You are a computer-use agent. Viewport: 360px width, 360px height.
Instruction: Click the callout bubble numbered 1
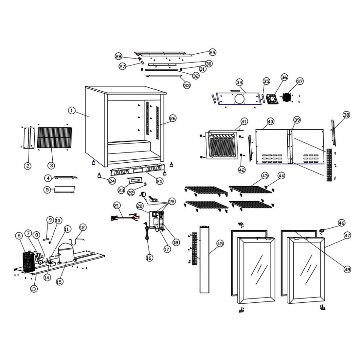71,111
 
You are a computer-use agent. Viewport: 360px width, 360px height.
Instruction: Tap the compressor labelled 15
65,254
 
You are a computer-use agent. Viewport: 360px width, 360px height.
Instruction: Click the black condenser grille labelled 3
54,138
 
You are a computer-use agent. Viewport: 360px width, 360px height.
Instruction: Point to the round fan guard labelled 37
287,98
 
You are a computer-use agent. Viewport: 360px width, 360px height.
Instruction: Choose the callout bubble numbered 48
347,270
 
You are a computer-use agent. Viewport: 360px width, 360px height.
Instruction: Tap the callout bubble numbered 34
240,82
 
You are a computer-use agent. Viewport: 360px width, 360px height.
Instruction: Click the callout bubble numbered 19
171,201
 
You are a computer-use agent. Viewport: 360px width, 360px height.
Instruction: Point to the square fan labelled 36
272,99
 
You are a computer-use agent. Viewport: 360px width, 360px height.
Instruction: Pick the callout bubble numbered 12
82,227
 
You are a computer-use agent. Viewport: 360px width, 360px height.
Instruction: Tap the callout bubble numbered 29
213,52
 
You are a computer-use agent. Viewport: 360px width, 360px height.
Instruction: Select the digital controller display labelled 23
135,180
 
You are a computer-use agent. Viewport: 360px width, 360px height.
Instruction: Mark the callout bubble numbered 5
48,189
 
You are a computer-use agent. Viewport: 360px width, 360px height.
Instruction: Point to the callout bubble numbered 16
149,258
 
